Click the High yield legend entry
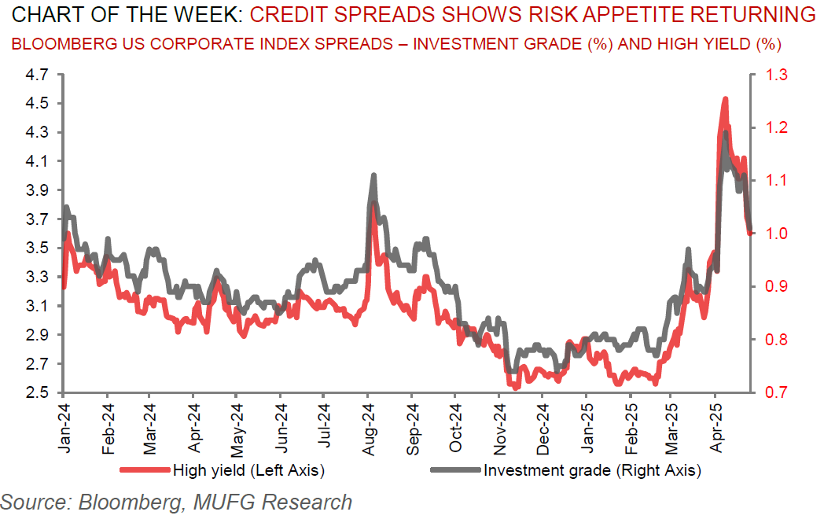[248, 470]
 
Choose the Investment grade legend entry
[591, 470]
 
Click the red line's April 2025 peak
[724, 99]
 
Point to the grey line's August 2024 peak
[373, 175]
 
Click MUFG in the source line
[225, 501]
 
